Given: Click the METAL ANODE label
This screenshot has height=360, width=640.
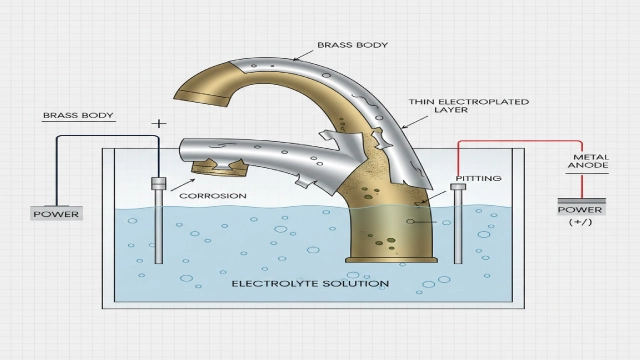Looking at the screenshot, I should point(589,163).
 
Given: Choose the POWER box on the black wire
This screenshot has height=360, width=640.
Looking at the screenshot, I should point(56,213).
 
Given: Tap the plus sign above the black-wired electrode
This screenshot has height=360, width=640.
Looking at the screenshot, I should point(158,124).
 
